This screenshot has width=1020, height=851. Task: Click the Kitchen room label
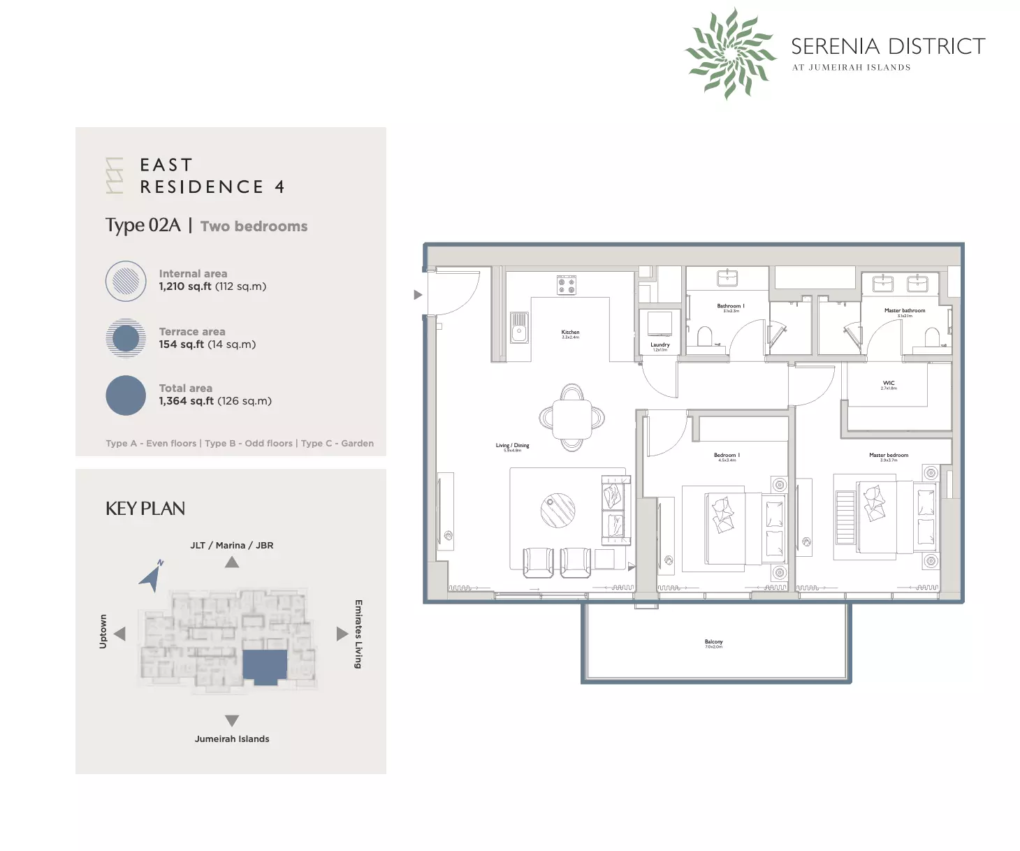(x=570, y=333)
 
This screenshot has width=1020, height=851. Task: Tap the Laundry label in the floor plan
(x=660, y=345)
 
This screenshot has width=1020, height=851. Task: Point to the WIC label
(x=888, y=384)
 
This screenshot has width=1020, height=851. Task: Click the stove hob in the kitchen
(x=566, y=285)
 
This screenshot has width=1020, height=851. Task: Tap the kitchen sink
(x=518, y=328)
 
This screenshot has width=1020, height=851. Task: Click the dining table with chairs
(x=571, y=419)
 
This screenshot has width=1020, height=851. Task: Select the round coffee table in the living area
(x=558, y=510)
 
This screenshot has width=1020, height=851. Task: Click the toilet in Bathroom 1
(x=704, y=337)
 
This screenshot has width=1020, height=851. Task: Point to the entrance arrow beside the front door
(x=418, y=295)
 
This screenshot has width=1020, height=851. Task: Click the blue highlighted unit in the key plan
(x=265, y=666)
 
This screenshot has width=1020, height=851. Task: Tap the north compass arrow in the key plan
(x=152, y=577)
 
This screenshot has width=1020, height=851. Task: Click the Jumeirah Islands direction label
(x=232, y=739)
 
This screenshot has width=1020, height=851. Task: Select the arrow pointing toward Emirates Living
(x=342, y=634)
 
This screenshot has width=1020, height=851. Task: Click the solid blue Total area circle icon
(x=126, y=395)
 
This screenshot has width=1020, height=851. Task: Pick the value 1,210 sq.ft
(x=185, y=286)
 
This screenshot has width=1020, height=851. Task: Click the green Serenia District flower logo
(x=730, y=53)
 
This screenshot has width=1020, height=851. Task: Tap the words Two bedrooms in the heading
(x=254, y=226)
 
